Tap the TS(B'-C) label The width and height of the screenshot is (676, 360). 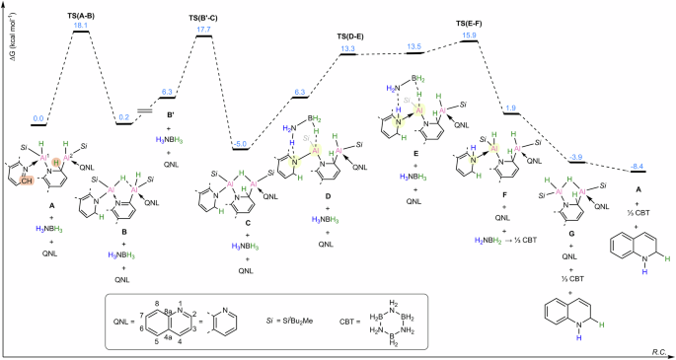(204, 19)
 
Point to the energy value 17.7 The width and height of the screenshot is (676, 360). (204, 30)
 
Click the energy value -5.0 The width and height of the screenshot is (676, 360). (243, 143)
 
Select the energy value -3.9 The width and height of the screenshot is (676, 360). (578, 156)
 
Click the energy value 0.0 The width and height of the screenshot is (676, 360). (39, 119)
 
